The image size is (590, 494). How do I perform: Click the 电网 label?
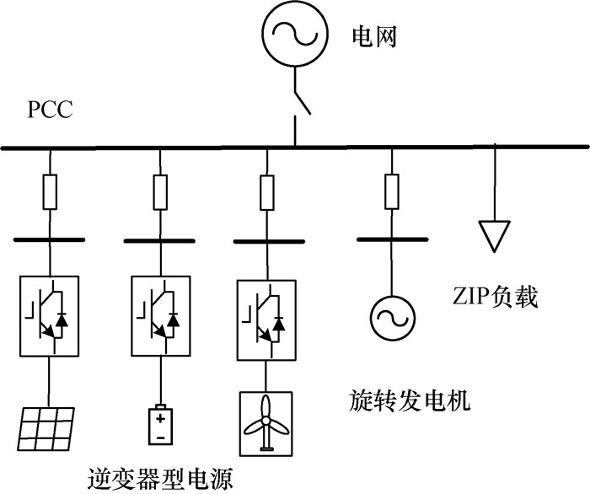tap(373, 36)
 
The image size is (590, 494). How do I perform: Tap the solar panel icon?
tap(46, 430)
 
